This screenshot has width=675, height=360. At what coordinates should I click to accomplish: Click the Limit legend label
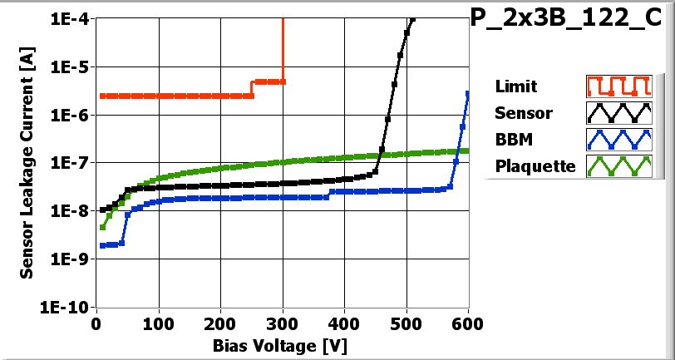[x=515, y=86]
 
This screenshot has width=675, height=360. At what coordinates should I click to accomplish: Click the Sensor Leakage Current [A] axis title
[x=27, y=162]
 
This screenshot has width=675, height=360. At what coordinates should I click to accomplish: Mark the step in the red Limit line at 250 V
[x=252, y=89]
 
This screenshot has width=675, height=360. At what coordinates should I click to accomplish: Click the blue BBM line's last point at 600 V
[x=468, y=94]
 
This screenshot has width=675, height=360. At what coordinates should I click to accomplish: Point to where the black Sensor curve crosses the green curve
[x=379, y=155]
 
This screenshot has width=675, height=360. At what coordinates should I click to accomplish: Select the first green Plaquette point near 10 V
[x=102, y=227]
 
